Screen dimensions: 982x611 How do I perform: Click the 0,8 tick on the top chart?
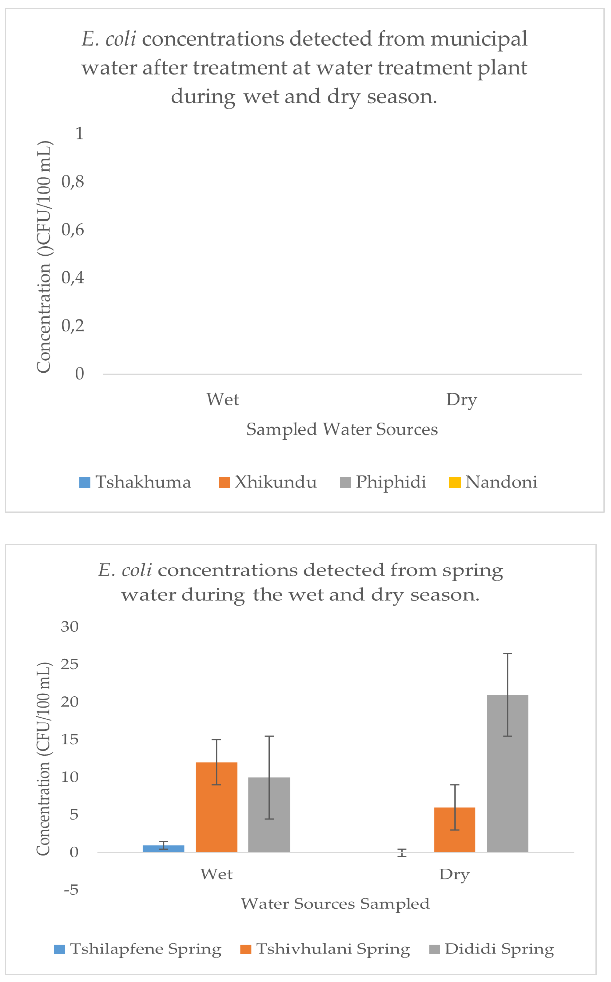click(x=73, y=182)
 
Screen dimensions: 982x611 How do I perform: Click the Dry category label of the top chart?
click(x=462, y=400)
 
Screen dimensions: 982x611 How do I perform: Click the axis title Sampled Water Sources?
click(x=342, y=429)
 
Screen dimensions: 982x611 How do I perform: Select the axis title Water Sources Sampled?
click(x=335, y=904)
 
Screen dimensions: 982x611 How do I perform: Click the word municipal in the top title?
click(x=479, y=39)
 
